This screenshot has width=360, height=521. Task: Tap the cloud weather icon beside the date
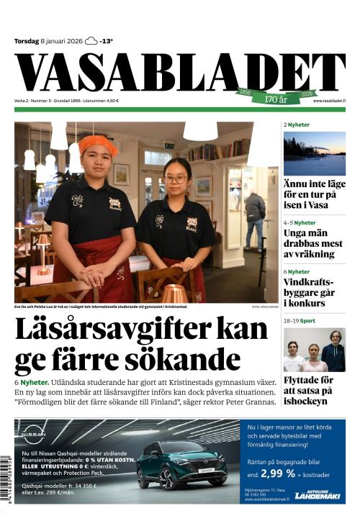tap(91, 41)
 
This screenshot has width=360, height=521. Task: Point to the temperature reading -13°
tap(107, 41)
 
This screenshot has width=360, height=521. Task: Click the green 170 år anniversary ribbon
tap(276, 97)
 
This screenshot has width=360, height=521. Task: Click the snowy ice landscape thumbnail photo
tap(314, 153)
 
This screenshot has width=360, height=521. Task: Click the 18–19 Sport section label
tap(299, 320)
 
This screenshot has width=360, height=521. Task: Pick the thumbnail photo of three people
tap(314, 350)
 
